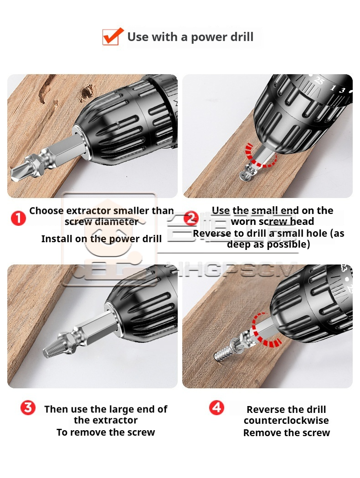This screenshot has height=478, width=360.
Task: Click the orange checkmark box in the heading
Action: coord(113,36)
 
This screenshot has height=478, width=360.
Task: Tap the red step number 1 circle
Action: coord(18,218)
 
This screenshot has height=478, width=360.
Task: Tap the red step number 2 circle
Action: coord(191,218)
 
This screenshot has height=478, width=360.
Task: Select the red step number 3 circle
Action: coord(28,407)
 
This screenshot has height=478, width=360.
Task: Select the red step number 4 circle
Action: coord(216,407)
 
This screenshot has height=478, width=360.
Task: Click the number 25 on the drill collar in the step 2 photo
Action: coord(319,81)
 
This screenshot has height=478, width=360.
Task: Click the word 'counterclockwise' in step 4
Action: coord(286,420)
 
